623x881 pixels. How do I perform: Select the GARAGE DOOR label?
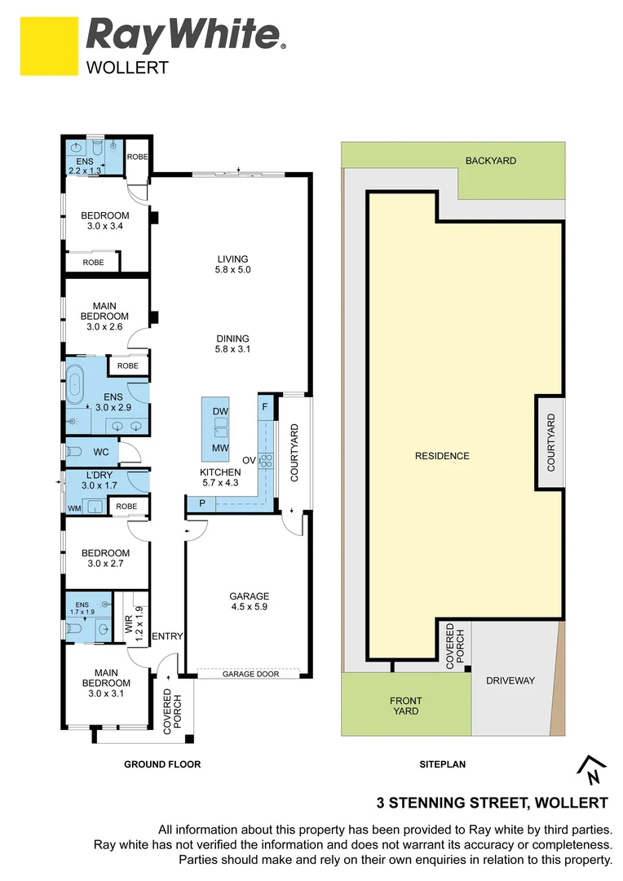[x=250, y=674]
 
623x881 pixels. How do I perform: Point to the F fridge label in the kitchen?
[x=265, y=406]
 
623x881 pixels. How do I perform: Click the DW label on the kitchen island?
[x=219, y=411]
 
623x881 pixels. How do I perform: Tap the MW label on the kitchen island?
[x=219, y=448]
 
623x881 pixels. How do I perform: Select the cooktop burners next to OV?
[x=266, y=460]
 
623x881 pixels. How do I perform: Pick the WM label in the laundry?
[x=74, y=507]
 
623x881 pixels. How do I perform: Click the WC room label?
[x=101, y=451]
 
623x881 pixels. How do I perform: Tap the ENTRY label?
[x=168, y=636]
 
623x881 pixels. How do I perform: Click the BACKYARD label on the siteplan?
[x=491, y=161]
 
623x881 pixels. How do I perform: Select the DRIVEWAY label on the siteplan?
[x=510, y=680]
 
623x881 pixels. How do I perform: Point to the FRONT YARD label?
[x=405, y=706]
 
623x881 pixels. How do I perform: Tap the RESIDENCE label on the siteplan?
[x=442, y=455]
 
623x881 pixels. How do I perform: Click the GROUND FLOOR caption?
[x=161, y=764]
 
